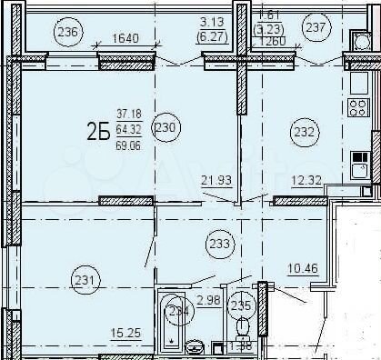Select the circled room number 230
[165, 128]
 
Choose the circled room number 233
[219, 243]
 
